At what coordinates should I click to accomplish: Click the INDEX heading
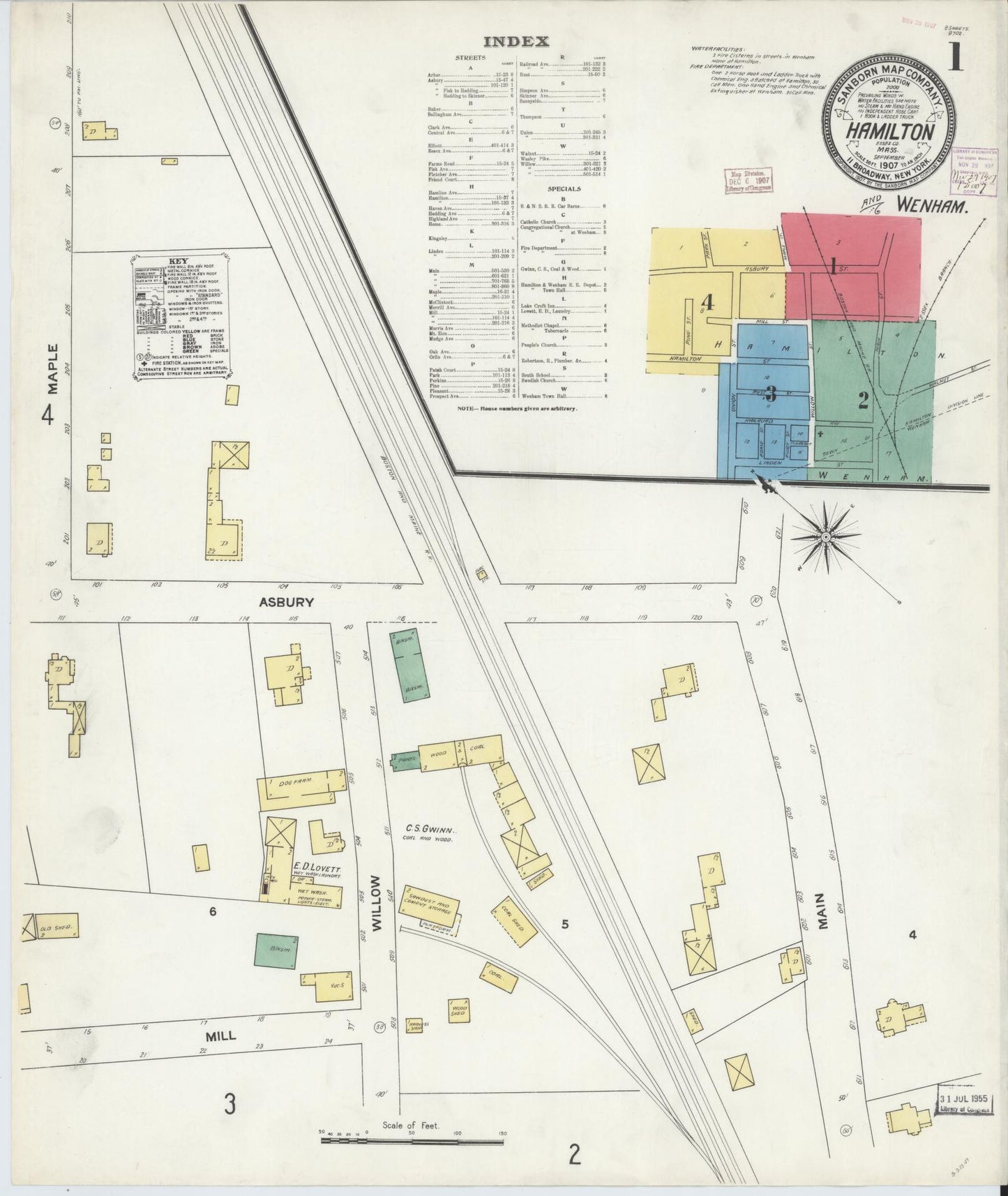(x=516, y=41)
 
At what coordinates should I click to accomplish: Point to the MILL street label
(x=220, y=1036)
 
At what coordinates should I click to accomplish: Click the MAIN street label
(x=825, y=910)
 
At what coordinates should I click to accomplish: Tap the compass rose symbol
(x=825, y=537)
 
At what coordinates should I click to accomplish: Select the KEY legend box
(x=181, y=320)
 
